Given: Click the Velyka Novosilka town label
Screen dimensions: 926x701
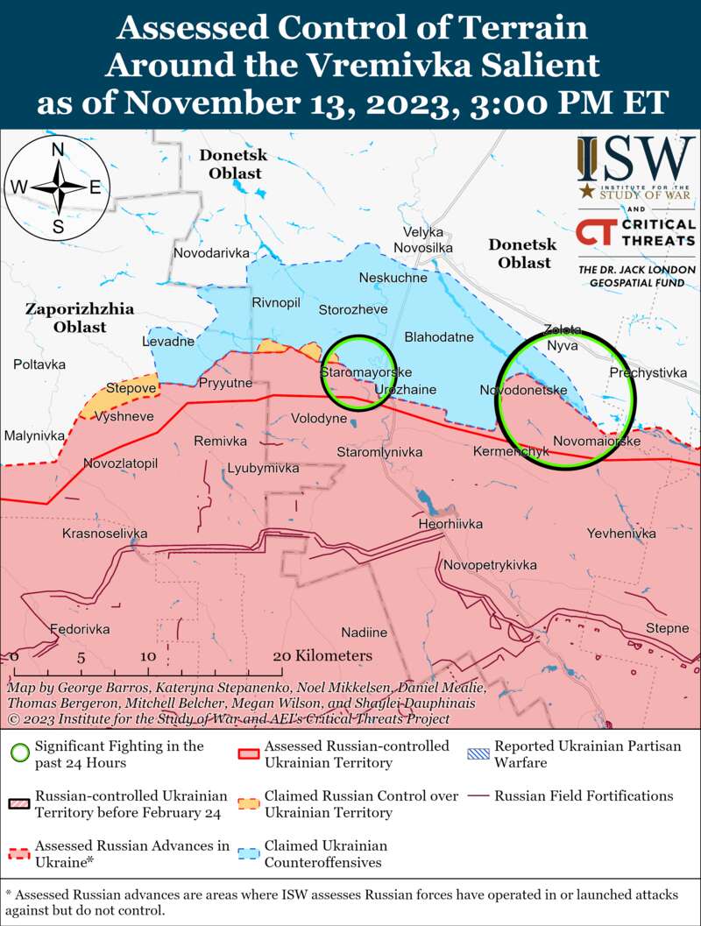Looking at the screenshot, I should click(423, 241).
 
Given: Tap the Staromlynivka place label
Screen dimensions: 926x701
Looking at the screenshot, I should click(379, 452).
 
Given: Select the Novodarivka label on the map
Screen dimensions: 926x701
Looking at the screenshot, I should click(211, 252).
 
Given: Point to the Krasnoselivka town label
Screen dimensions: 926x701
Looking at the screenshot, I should click(104, 534).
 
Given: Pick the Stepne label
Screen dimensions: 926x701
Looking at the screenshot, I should click(667, 628).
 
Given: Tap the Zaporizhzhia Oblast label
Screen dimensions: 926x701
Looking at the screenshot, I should click(79, 317).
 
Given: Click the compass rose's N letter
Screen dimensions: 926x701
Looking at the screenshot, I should click(58, 150).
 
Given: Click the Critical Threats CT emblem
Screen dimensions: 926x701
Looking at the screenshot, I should click(594, 234).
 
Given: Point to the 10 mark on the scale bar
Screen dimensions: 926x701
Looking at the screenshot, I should click(147, 656).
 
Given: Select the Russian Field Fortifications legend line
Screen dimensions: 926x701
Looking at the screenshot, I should click(477, 796).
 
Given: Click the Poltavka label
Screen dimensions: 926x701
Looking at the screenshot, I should click(39, 364).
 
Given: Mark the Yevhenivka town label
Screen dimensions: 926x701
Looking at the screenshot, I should click(621, 533).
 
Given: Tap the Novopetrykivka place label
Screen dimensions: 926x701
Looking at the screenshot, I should click(490, 565).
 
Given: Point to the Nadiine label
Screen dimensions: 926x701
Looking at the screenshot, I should click(364, 632).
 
